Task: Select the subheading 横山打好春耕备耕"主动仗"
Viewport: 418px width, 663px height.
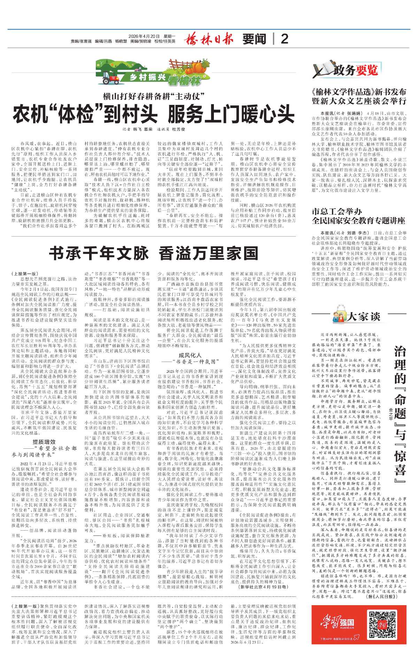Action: pyautogui.click(x=153, y=97)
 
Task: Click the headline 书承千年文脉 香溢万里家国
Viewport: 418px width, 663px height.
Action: pyautogui.click(x=153, y=254)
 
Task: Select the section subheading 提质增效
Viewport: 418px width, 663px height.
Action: pyautogui.click(x=44, y=442)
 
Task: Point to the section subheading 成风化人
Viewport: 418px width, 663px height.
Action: pyautogui.click(x=190, y=355)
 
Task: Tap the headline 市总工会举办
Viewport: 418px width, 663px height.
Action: pyautogui.click(x=336, y=211)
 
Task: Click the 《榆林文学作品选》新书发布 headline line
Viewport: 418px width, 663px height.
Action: pyautogui.click(x=359, y=92)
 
